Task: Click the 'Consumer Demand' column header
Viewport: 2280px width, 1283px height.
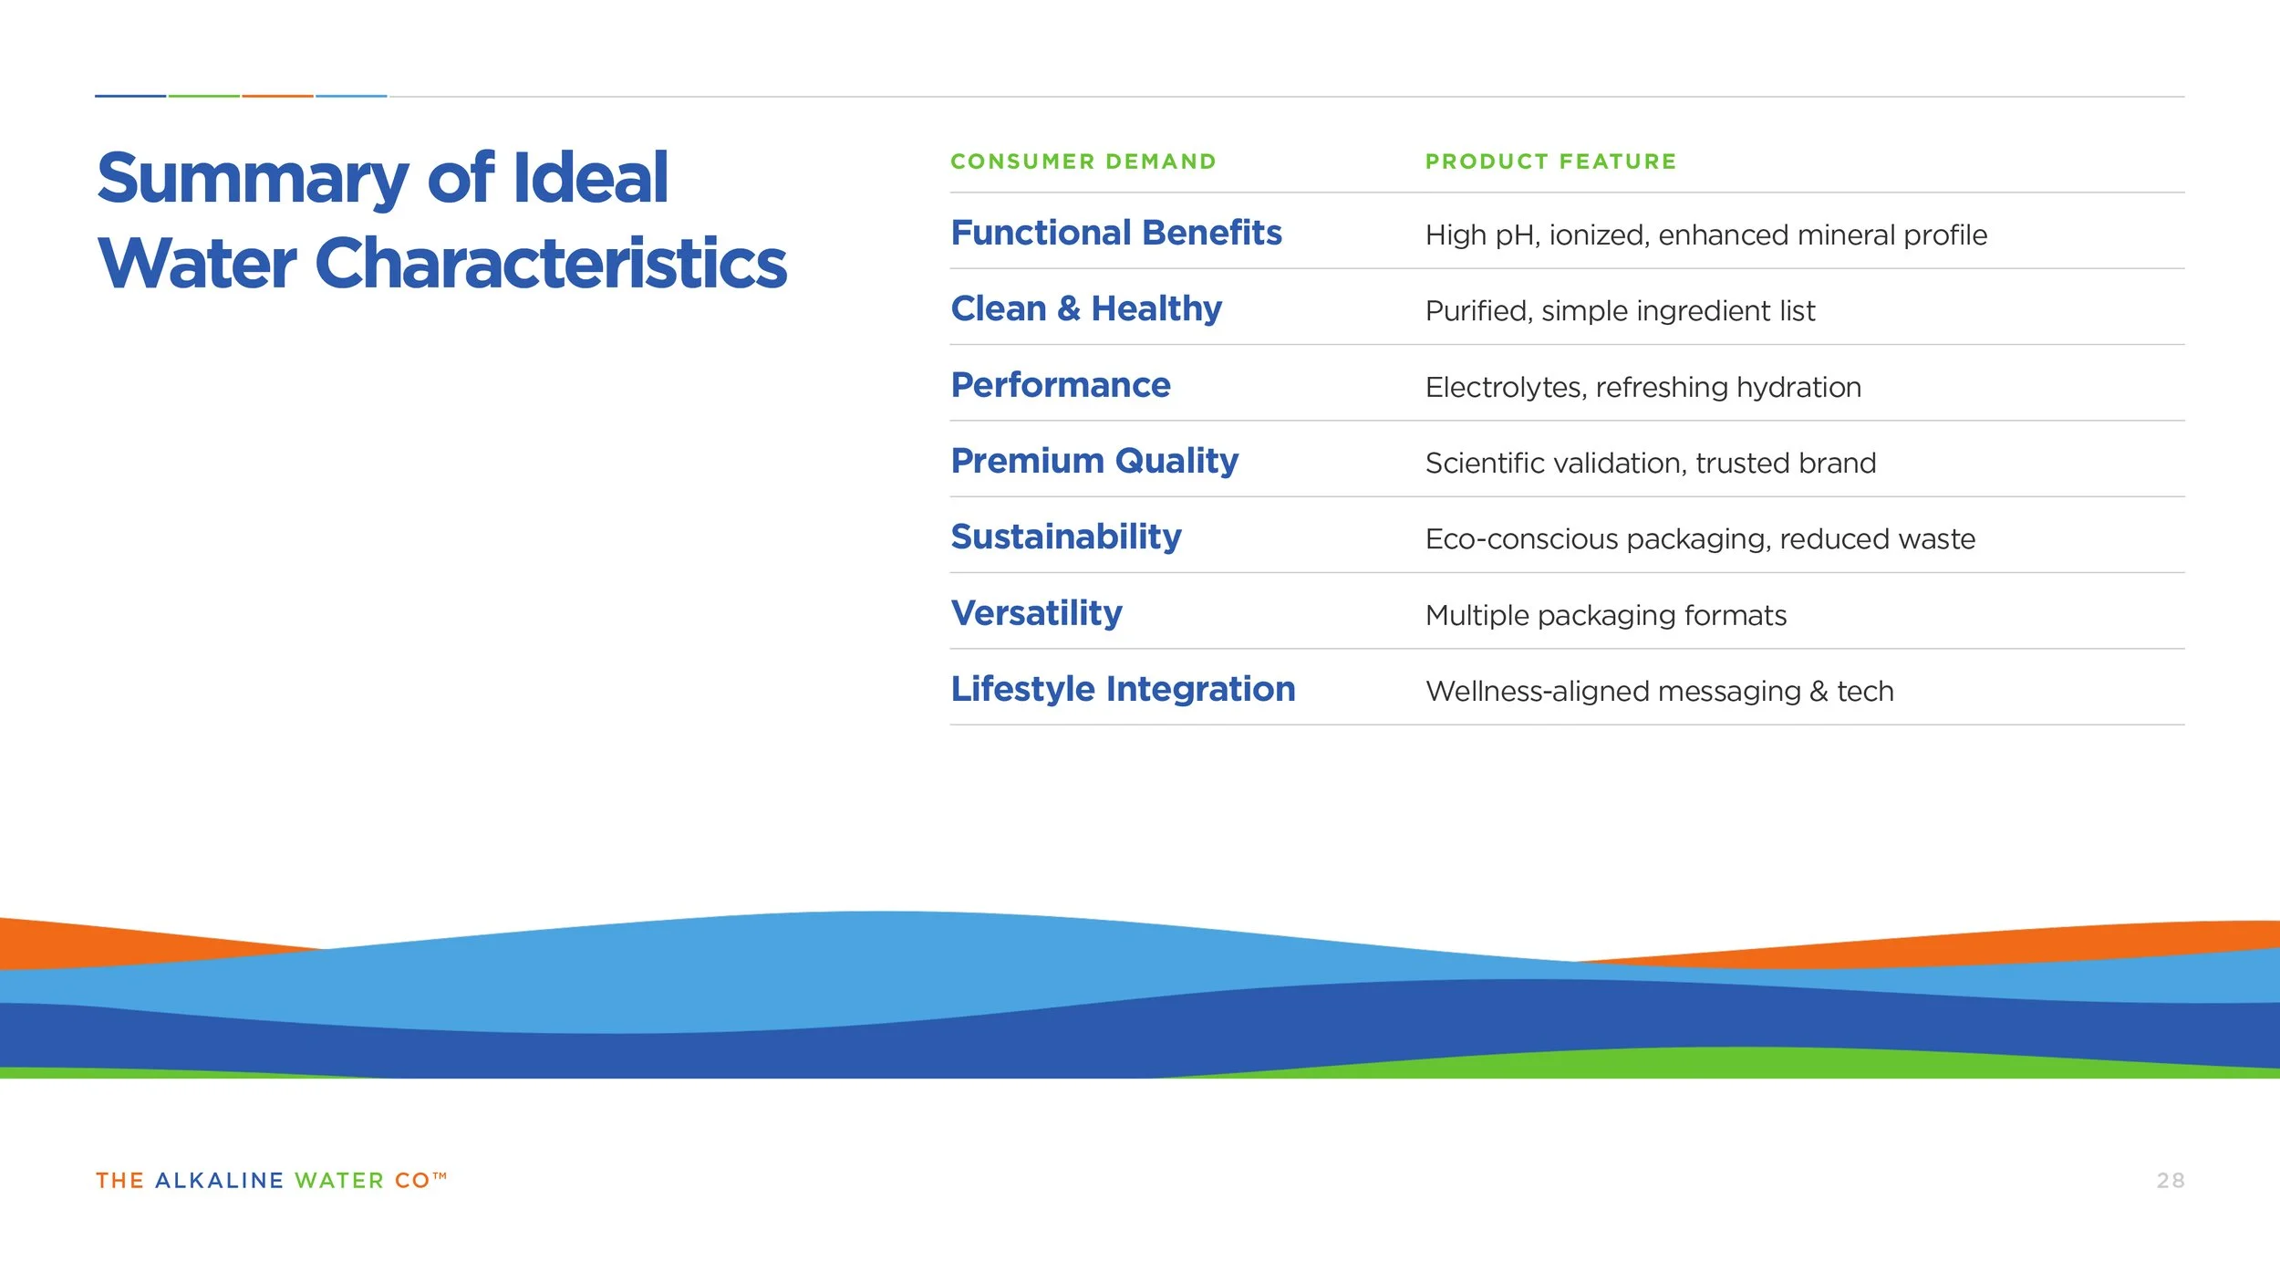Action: click(1083, 162)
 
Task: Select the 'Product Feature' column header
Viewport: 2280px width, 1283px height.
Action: click(1550, 162)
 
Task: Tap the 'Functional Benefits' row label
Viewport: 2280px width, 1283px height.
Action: click(1116, 233)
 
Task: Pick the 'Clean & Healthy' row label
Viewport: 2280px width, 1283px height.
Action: click(1086, 308)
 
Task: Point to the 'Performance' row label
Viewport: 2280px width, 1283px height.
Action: click(1061, 385)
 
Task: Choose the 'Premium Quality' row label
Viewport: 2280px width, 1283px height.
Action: click(1094, 461)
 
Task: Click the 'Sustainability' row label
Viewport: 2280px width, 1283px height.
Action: click(1066, 537)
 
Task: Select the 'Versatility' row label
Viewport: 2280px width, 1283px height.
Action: click(1037, 613)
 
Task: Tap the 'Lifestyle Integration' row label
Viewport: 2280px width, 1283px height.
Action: click(1123, 689)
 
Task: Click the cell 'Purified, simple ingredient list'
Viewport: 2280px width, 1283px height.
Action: click(1620, 311)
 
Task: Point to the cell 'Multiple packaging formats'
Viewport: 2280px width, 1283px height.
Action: click(1605, 616)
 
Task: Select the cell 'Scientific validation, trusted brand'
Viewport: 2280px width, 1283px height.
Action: click(1650, 464)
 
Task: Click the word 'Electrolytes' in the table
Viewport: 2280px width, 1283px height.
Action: click(1506, 388)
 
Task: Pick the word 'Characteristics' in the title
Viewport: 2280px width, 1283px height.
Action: click(551, 264)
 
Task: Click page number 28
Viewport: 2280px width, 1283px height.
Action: click(2170, 1181)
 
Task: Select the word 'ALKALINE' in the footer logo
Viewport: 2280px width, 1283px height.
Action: click(219, 1181)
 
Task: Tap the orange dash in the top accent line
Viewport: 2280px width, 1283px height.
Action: click(277, 96)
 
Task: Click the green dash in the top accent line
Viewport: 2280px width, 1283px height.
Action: click(203, 96)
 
